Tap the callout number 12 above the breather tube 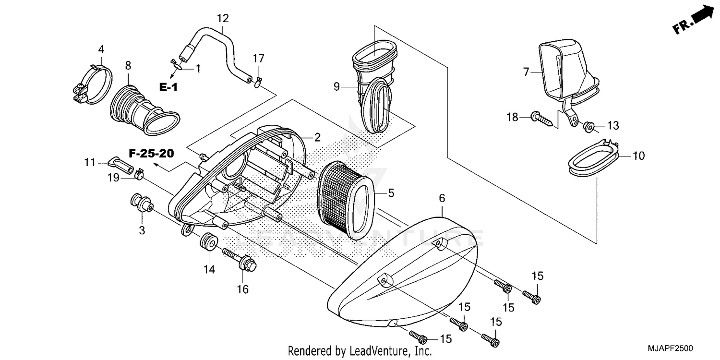[223, 19]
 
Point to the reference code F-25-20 [151, 154]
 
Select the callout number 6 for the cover [442, 198]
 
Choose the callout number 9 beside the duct [337, 86]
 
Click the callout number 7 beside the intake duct [526, 72]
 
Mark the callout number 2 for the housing [317, 137]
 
